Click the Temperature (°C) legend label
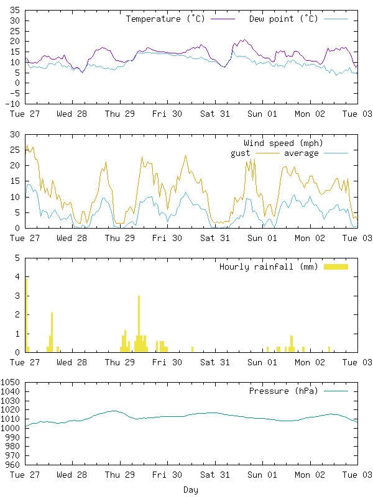165,19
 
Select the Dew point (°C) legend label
283,19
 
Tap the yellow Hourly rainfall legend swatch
336,267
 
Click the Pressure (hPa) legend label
283,391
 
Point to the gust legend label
240,153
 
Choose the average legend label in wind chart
301,153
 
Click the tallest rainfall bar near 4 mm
26,315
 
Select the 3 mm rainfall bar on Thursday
139,324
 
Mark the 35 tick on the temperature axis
15,10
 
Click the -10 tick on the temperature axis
12,104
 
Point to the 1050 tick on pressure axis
10,382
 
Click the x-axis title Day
191,490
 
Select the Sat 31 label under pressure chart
215,475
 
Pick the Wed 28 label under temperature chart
72,114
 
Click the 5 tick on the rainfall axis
17,258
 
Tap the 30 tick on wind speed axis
15,134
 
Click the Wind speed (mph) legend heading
283,144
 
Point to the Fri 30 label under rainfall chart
167,362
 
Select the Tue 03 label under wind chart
357,238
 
